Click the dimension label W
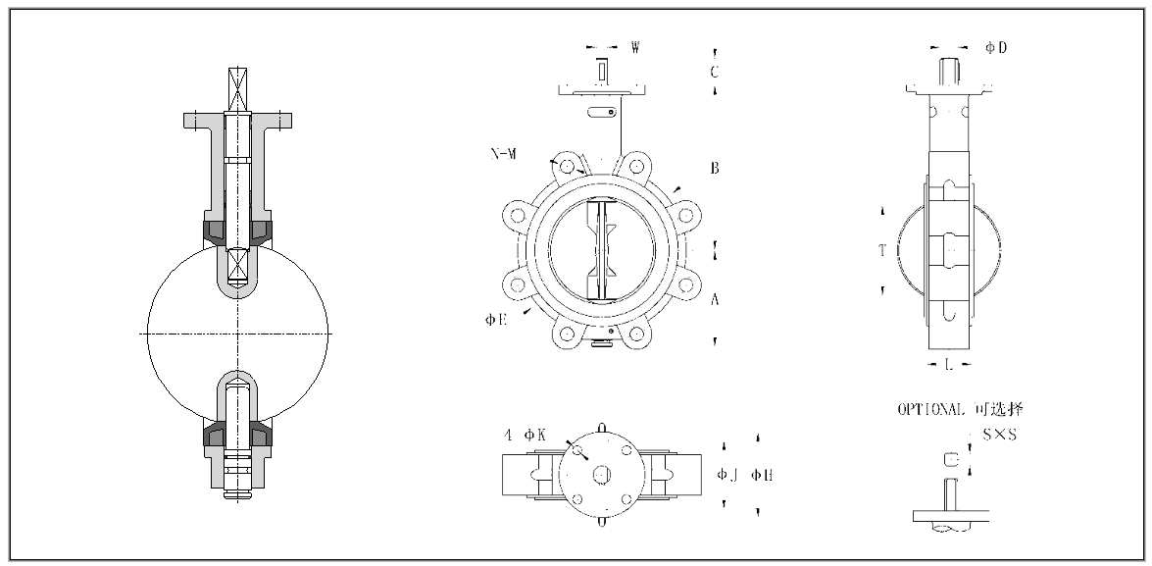[635, 46]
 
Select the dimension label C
[715, 72]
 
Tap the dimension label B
[715, 169]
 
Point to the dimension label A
[715, 301]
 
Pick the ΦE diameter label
[495, 321]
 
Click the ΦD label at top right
[996, 46]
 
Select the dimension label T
[882, 251]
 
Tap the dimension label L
[947, 365]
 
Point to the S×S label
[1001, 435]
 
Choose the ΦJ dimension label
[726, 475]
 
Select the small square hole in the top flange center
[601, 474]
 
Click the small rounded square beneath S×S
[949, 458]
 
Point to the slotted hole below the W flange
[601, 113]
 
